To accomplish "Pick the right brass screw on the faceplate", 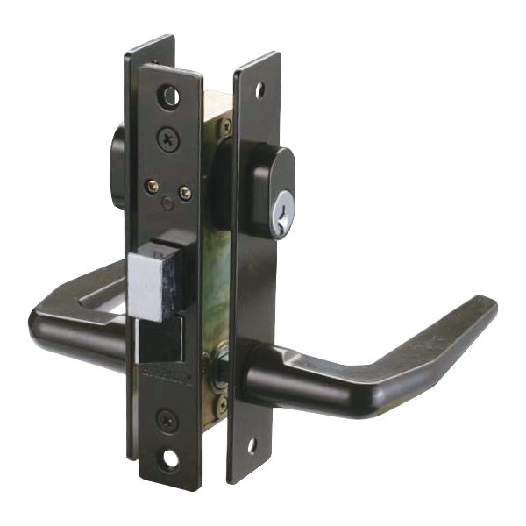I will pyautogui.click(x=184, y=190).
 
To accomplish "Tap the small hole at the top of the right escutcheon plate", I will pyautogui.click(x=259, y=86).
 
